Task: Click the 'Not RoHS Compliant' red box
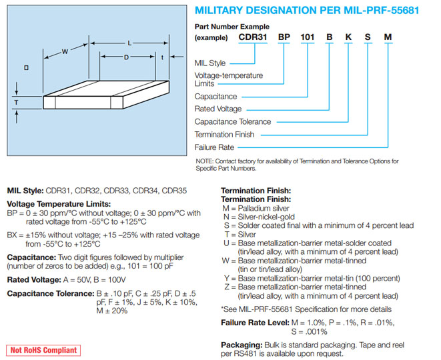[x=43, y=350]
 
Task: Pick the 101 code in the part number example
[x=308, y=38]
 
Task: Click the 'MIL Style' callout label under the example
[x=210, y=63]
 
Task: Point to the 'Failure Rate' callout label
[x=214, y=147]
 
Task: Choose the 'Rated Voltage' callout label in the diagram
[x=217, y=109]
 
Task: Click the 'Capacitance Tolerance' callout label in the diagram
[x=232, y=122]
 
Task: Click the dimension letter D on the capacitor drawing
[x=126, y=57]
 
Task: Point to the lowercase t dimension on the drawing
[x=163, y=57]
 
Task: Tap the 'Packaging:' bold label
[x=242, y=345]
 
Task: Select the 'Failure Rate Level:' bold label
[x=256, y=323]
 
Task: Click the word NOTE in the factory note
[x=205, y=161]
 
